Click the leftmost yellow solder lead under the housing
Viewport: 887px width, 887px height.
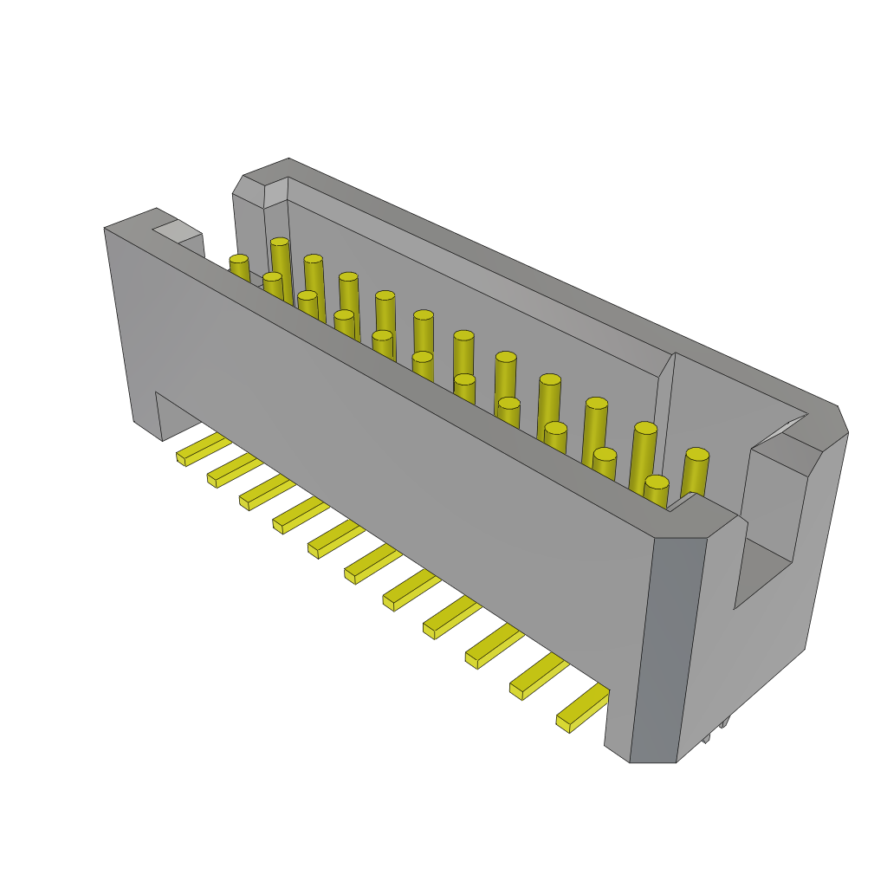point(203,449)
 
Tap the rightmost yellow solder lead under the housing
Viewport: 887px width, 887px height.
point(582,709)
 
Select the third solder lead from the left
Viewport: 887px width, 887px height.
point(267,492)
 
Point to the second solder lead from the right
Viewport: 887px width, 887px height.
point(538,677)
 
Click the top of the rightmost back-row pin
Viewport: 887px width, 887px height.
point(697,454)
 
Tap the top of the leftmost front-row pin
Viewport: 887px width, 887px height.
point(239,259)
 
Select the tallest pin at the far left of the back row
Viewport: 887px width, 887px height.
point(280,243)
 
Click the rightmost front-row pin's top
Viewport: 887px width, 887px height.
point(657,482)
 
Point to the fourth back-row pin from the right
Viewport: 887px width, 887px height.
point(550,379)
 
